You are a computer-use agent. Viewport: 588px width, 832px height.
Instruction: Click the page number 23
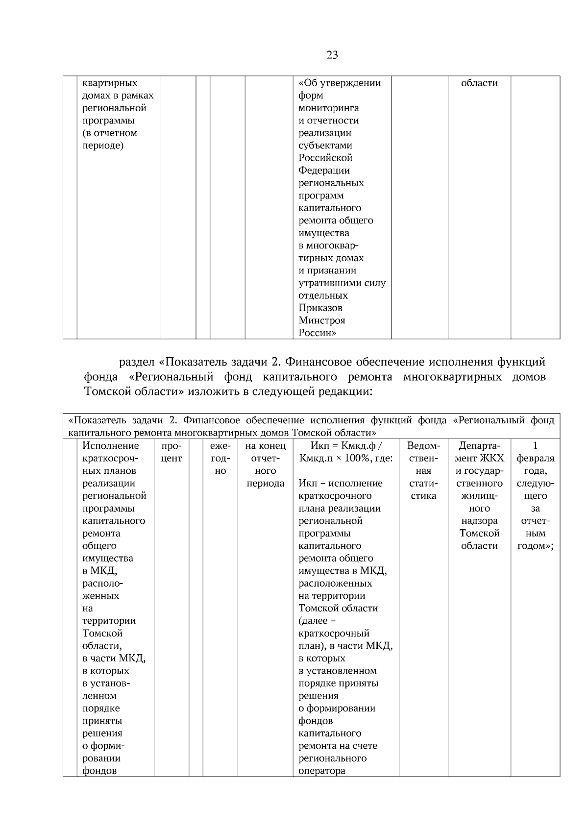[332, 55]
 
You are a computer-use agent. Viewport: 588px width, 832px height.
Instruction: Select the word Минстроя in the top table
[321, 320]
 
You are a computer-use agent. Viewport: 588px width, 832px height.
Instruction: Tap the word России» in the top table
[317, 333]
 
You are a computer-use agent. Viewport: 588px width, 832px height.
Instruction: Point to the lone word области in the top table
[479, 83]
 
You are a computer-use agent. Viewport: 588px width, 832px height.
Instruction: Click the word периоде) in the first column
[102, 146]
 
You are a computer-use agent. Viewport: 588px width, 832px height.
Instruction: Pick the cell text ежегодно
[220, 458]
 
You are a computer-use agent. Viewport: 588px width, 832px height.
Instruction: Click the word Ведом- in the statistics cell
[423, 446]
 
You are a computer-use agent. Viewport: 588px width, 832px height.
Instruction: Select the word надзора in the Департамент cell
[479, 521]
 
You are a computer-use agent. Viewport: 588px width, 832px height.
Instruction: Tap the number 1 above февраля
[535, 445]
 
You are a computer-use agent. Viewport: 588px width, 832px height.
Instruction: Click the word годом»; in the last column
[535, 546]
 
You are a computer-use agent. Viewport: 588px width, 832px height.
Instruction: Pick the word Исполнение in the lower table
[111, 446]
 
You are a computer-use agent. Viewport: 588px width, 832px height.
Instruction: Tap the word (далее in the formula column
[313, 621]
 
